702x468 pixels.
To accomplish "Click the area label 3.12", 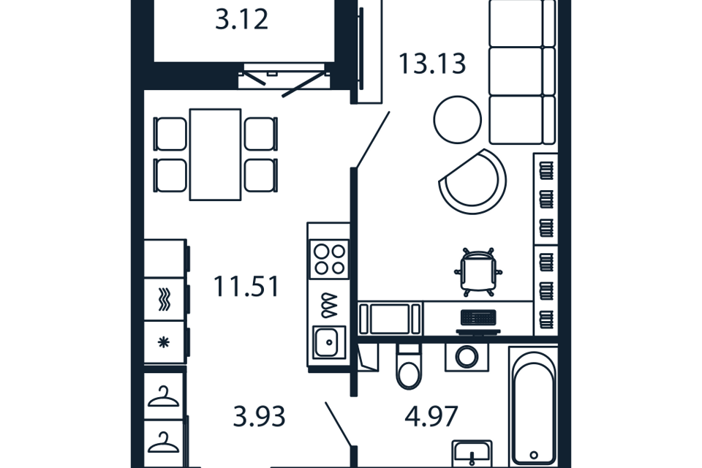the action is (x=242, y=20).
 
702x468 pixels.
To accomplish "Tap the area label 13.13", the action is (x=432, y=64).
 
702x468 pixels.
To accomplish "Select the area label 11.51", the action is (x=246, y=287).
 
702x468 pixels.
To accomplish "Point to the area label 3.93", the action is (x=259, y=417).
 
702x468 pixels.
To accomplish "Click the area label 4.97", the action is (x=431, y=417).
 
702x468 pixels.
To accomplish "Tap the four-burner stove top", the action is (x=329, y=259).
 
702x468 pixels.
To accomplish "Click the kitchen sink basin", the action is (x=329, y=342).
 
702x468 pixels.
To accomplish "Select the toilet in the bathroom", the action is (x=409, y=366).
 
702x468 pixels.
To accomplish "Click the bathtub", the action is (x=534, y=407).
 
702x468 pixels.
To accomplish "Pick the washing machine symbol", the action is (x=467, y=357).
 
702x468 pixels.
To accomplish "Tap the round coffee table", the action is (x=458, y=120).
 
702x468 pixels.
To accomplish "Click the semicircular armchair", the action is (x=473, y=181).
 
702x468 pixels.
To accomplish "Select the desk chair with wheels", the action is (x=478, y=271).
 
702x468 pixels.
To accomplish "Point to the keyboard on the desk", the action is (x=478, y=317).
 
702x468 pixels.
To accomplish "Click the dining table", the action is (x=215, y=154).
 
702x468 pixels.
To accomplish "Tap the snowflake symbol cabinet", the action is (x=165, y=343).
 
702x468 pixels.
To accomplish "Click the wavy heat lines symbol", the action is (x=165, y=299).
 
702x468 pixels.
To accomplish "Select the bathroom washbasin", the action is (x=472, y=453).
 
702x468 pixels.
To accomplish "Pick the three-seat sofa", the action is (x=522, y=72).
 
